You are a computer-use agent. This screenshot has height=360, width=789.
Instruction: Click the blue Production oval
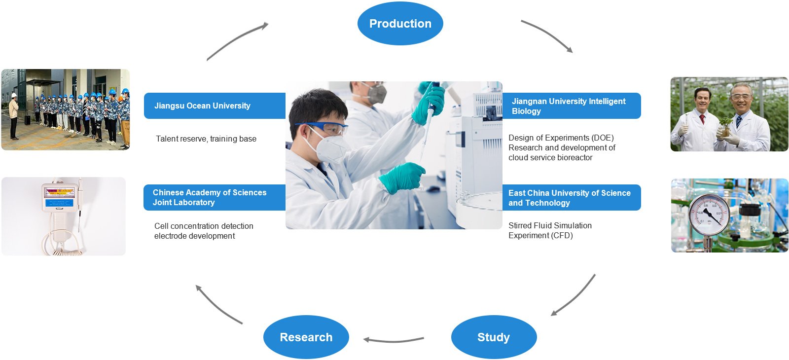tap(400, 23)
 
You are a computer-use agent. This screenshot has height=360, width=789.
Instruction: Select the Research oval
tap(306, 337)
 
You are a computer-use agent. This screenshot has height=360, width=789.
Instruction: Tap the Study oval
tap(494, 337)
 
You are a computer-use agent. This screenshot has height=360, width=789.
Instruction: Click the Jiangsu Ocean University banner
tap(215, 106)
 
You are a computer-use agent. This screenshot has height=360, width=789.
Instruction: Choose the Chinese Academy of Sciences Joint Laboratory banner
tap(215, 197)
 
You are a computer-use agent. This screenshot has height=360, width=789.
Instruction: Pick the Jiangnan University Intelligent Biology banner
tap(572, 106)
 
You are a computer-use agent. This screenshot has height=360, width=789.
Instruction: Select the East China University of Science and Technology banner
tap(572, 198)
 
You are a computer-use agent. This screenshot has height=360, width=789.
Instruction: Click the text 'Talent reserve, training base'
tap(206, 139)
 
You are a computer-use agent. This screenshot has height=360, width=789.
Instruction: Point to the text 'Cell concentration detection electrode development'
tap(204, 231)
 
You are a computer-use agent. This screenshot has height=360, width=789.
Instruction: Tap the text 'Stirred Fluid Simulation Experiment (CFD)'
tap(550, 230)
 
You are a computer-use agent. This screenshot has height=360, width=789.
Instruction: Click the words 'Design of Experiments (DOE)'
tap(561, 138)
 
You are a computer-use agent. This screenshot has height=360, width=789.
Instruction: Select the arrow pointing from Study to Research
tap(394, 341)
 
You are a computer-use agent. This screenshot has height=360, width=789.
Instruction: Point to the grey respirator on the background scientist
tap(375, 93)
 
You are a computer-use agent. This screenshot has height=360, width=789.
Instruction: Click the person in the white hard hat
tap(14, 116)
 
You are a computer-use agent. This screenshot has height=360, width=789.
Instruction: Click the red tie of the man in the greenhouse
tap(702, 119)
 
